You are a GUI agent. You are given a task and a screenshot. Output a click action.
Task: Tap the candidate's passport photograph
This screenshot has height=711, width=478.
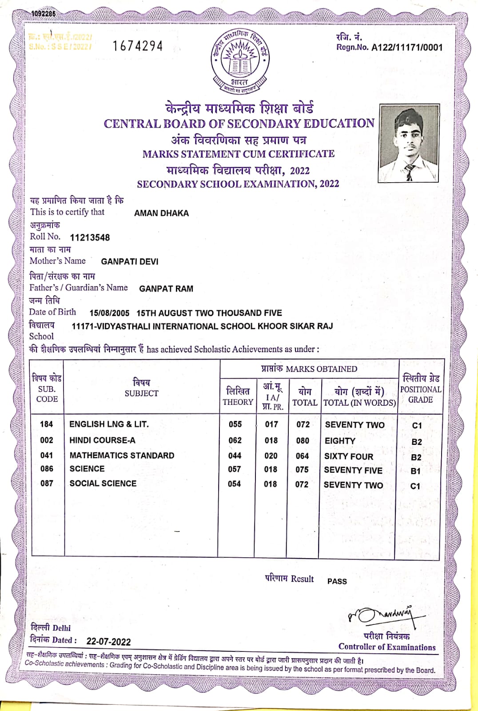coord(409,143)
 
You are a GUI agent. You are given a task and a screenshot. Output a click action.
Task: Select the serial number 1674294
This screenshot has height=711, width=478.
coord(138,46)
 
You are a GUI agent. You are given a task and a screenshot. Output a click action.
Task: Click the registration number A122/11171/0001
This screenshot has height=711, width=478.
coord(407,48)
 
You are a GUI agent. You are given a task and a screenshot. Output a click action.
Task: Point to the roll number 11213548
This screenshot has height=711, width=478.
coord(90,238)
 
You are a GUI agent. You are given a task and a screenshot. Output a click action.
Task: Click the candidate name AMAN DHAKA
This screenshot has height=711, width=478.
coord(161,213)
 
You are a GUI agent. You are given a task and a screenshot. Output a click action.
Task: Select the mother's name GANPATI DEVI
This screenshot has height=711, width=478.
coord(130,262)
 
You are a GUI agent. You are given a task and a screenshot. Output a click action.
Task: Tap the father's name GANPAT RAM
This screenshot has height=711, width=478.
coord(166,289)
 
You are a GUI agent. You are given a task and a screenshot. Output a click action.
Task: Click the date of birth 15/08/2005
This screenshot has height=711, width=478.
coord(109,313)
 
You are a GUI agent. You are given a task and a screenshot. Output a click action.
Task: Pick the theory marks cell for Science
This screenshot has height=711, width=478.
coord(234,469)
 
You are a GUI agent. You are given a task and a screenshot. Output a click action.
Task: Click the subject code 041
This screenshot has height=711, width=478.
coord(47,455)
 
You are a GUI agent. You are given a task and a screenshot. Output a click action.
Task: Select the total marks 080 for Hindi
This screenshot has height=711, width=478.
coord(303,441)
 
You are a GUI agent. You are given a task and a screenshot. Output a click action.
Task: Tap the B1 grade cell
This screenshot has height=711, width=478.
coord(415,471)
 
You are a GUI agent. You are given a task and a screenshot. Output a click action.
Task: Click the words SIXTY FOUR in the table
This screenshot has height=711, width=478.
coord(349,457)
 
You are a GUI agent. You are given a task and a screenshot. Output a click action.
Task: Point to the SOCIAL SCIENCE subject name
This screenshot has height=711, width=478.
coord(103,483)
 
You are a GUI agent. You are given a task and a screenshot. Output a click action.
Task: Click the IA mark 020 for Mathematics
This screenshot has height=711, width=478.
coord(271,456)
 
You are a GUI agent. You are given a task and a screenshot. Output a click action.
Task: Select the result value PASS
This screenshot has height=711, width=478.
coord(337,581)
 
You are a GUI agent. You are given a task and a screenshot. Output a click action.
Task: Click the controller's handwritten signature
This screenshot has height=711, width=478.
coord(386,615)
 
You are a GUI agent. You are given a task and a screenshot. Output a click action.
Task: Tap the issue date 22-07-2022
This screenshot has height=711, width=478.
coord(108,642)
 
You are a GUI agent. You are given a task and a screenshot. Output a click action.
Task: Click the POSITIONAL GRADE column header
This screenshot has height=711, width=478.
coord(420,389)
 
